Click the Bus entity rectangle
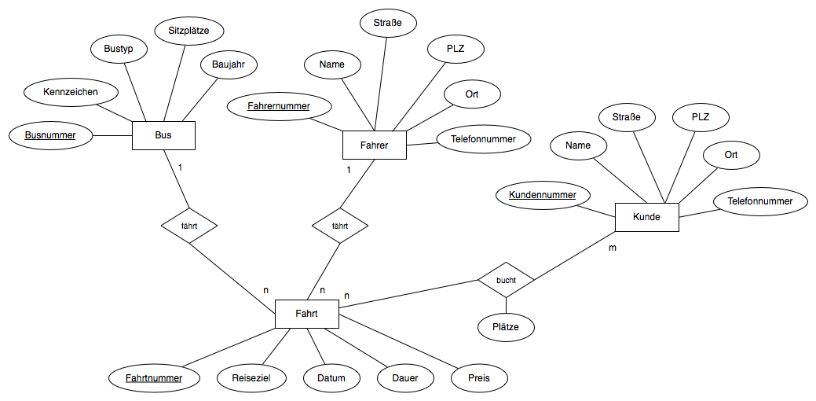163,135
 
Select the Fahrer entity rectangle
374,145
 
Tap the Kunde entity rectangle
646,217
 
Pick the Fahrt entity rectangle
306,315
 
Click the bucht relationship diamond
506,279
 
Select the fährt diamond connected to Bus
188,226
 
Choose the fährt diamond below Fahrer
340,226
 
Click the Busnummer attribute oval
50,135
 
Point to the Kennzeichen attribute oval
71,93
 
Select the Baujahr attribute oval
229,64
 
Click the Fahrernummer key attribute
279,105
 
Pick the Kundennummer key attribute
543,195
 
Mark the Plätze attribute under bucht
506,326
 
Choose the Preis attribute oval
480,378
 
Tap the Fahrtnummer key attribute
154,378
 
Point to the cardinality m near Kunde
613,248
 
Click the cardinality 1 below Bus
180,167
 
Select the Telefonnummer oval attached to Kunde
760,201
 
